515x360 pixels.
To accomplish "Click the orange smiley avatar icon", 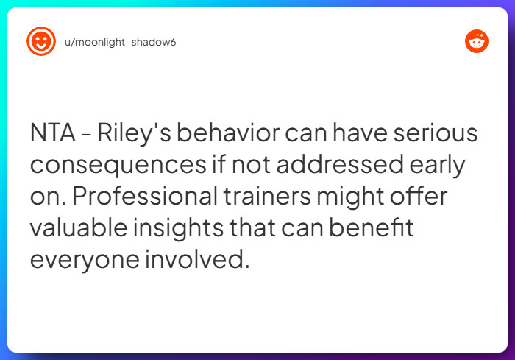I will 41,41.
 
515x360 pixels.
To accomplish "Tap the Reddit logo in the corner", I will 477,42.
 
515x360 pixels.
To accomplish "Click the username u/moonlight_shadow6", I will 120,42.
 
